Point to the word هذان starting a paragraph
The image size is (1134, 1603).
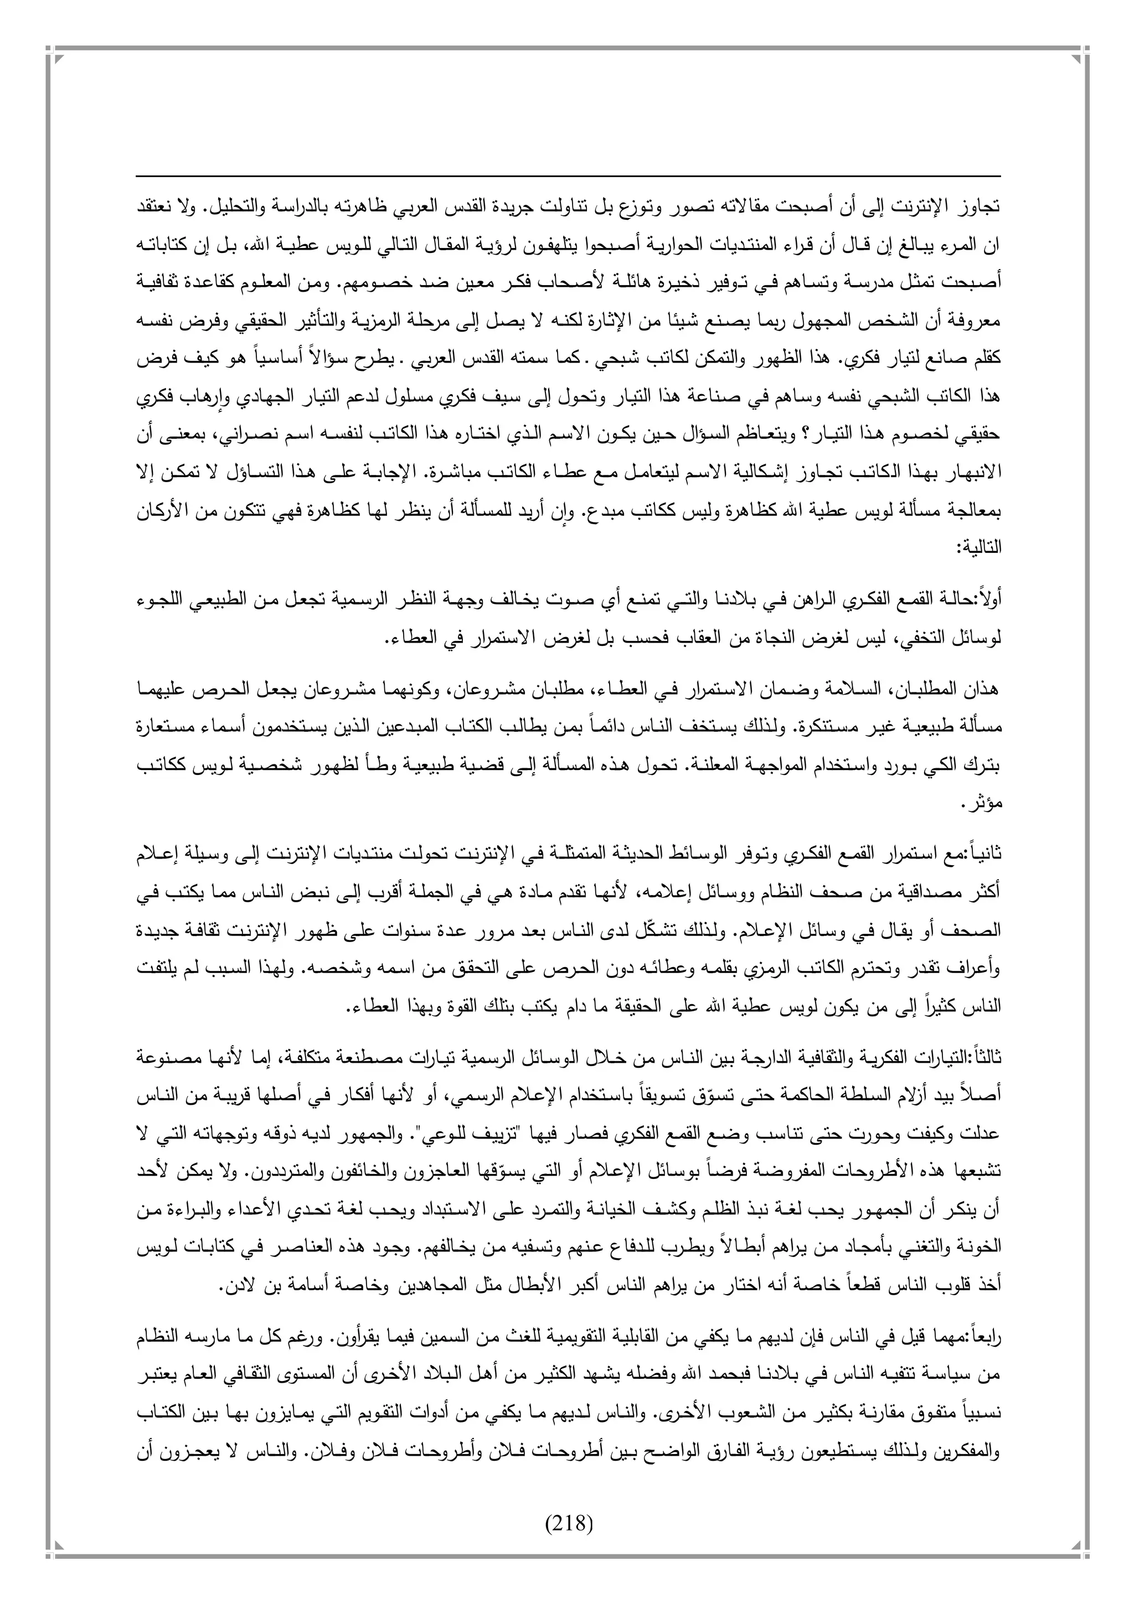pos(983,690)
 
